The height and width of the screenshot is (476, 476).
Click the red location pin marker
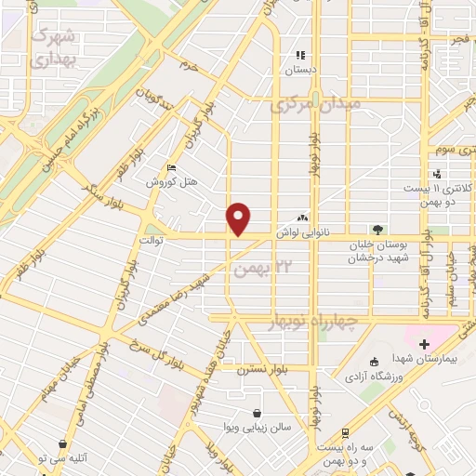[x=239, y=218]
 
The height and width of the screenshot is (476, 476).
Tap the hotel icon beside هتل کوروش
[x=169, y=167]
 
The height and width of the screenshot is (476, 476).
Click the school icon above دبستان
[x=300, y=55]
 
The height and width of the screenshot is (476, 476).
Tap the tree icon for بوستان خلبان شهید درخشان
[x=377, y=229]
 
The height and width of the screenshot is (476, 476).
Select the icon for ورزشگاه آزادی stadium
[x=373, y=361]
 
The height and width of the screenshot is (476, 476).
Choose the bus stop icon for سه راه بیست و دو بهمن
[x=345, y=433]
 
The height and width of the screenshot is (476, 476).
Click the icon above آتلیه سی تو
[x=62, y=444]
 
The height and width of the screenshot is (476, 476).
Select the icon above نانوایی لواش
[x=301, y=217]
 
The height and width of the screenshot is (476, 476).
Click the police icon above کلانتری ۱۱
[x=436, y=173]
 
